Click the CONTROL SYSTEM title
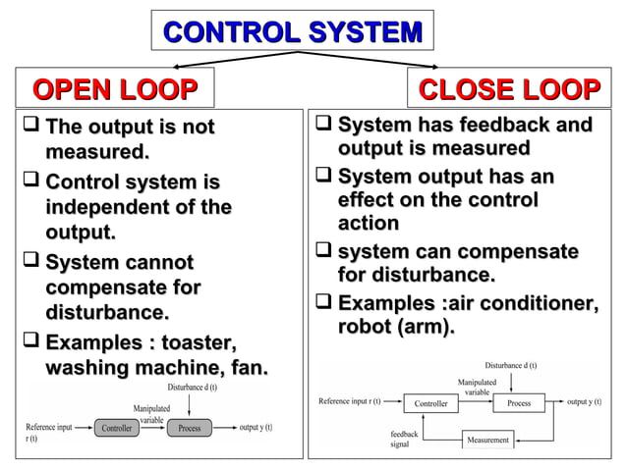[x=293, y=31]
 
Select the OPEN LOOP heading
[x=115, y=91]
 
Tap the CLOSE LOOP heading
[x=509, y=91]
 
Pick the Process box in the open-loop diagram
[x=190, y=428]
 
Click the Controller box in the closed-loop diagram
[x=430, y=402]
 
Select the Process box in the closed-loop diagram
[x=518, y=402]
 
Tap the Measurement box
[x=488, y=440]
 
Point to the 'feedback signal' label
[x=405, y=438]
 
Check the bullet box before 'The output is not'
[x=28, y=128]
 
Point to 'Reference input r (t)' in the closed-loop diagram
[x=350, y=402]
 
